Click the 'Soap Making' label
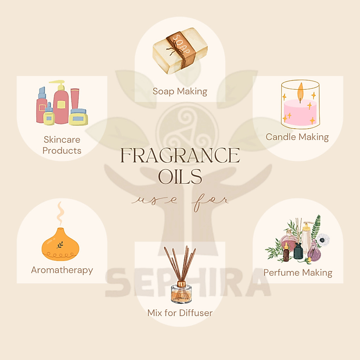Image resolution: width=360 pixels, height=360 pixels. point(180,91)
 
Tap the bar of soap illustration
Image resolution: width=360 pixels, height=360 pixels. point(180,51)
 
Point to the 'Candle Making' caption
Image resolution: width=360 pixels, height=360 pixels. point(297,137)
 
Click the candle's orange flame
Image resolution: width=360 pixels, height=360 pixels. point(300,90)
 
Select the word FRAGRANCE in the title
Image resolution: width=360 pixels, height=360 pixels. point(180,155)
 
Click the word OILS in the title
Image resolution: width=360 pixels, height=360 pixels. point(180,176)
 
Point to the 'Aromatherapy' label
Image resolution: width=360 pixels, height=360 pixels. point(62,270)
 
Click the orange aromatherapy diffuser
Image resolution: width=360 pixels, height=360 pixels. point(60,244)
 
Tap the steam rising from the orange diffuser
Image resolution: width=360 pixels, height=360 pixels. point(60,213)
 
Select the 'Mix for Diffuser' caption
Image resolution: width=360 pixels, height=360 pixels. point(180,313)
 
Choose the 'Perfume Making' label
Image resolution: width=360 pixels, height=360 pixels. point(298,273)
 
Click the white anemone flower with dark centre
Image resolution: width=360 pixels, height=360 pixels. point(323,240)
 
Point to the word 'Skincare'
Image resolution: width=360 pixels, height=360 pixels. point(62,140)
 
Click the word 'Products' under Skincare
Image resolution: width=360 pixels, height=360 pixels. point(62,150)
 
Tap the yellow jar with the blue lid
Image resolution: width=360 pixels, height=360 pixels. point(78,117)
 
